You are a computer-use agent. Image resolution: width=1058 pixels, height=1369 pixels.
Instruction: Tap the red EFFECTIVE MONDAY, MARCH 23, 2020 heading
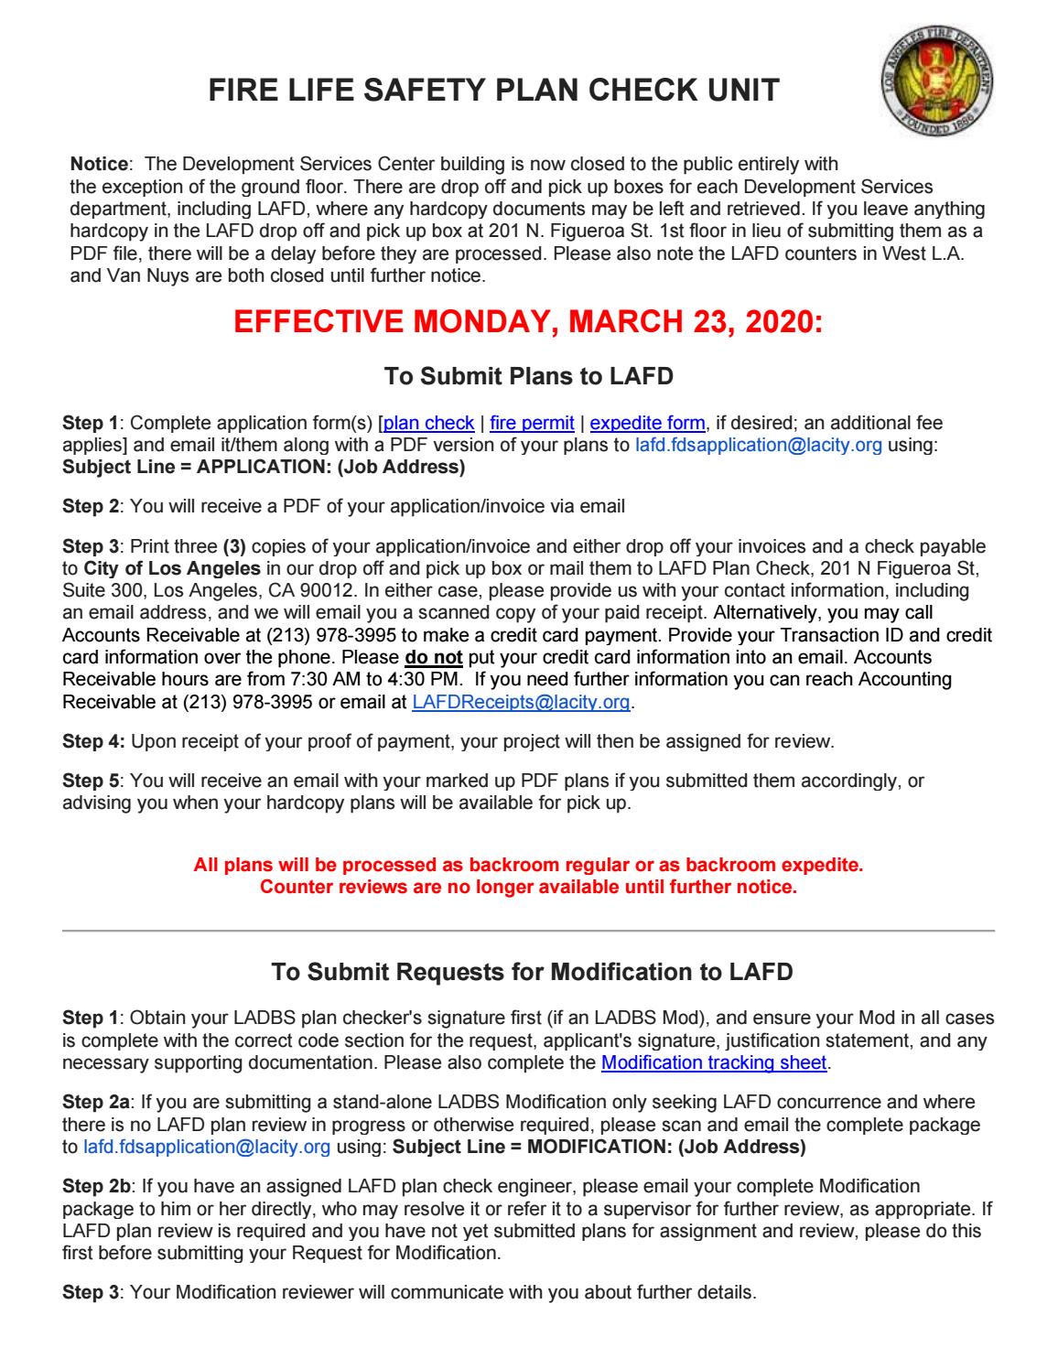tap(528, 322)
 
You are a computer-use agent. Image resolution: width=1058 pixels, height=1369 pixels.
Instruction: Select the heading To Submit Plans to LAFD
tap(528, 376)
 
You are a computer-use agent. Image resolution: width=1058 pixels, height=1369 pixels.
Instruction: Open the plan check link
tap(429, 423)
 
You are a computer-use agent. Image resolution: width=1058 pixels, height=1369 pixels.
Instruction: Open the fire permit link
tap(532, 423)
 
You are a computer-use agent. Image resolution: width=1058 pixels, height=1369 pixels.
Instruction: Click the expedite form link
tap(647, 423)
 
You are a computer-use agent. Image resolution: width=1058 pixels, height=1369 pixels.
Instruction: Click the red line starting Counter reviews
tap(528, 888)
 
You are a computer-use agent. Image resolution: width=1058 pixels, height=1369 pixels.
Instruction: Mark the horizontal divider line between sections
tap(528, 931)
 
